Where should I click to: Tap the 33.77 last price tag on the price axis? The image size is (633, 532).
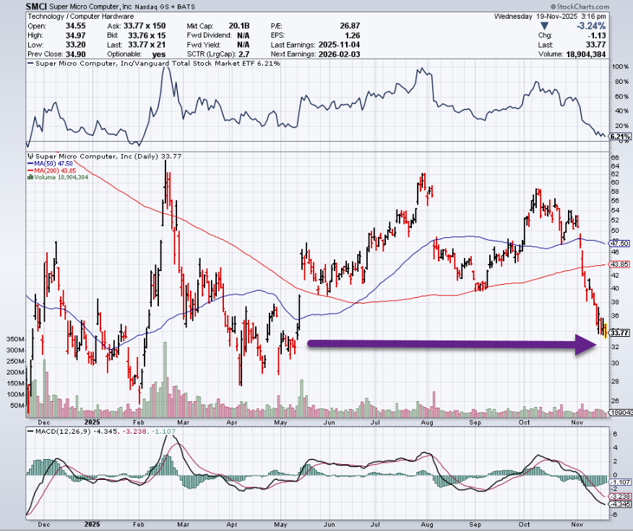point(619,332)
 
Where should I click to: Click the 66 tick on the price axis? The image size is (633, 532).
point(615,157)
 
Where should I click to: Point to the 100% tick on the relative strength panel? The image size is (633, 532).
point(619,66)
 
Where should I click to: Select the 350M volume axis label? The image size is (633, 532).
point(14,339)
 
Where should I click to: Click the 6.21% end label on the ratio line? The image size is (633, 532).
point(620,137)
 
